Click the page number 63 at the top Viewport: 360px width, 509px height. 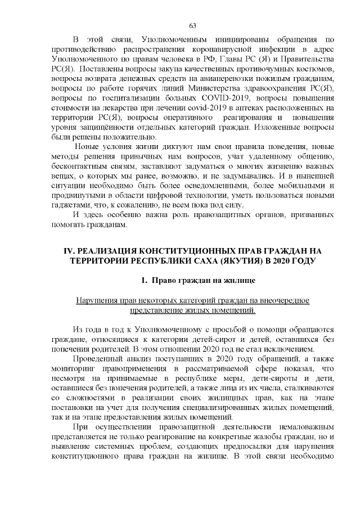[192, 26]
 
